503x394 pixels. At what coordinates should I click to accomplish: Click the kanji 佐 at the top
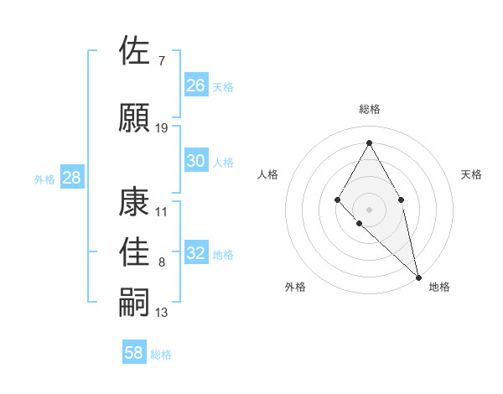[136, 50]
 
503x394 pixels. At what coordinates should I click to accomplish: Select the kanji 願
[136, 117]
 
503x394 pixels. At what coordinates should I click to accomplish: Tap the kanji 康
[136, 201]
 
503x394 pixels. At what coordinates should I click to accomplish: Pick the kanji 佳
[136, 251]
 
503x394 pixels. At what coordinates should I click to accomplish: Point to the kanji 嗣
[136, 303]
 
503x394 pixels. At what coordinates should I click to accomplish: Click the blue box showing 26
[196, 85]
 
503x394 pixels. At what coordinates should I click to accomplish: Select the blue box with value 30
[196, 161]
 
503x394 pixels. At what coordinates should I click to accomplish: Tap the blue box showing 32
[196, 253]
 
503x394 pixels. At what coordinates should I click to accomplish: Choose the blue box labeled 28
[71, 178]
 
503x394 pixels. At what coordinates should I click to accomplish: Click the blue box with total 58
[134, 353]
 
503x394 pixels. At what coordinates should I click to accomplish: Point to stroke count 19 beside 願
[162, 128]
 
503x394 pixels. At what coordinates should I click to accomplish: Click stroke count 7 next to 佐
[161, 60]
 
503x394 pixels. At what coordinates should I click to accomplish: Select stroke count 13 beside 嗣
[162, 313]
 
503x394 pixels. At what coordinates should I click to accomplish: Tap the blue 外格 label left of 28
[44, 179]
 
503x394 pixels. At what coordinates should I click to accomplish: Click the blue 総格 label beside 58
[162, 355]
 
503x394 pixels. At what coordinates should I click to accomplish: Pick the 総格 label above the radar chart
[369, 109]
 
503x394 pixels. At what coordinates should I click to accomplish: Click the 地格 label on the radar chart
[439, 287]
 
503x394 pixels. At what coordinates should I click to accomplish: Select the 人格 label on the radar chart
[268, 174]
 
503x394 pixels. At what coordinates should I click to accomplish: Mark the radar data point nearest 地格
[417, 276]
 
